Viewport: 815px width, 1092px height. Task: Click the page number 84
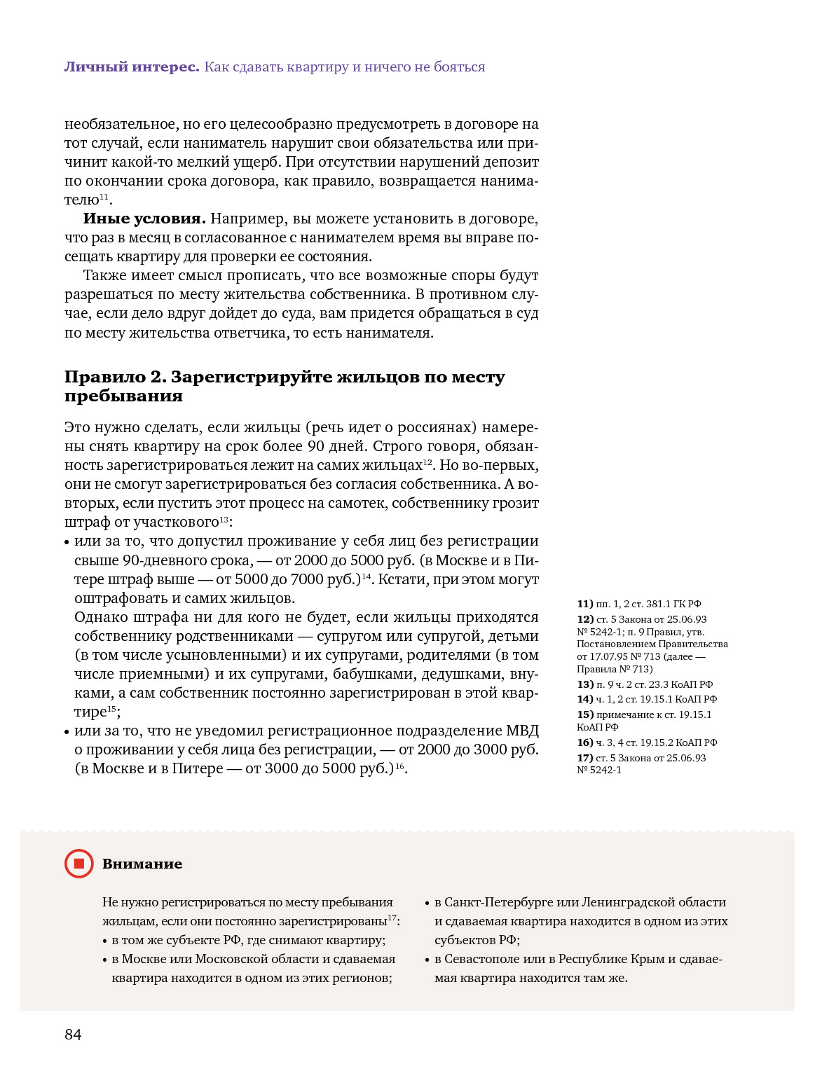coord(73,1035)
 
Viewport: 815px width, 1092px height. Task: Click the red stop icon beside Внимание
coord(78,864)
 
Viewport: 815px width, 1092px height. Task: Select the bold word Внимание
coord(142,864)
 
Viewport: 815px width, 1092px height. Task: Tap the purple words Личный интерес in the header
coord(132,67)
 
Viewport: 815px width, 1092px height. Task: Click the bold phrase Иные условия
coord(144,219)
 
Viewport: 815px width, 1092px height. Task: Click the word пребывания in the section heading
coord(123,396)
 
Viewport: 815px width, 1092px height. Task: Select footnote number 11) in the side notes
coord(585,604)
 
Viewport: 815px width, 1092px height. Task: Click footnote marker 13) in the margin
coord(585,684)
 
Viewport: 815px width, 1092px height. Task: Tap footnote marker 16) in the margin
coord(585,742)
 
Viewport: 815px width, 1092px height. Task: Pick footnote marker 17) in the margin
coord(585,758)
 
